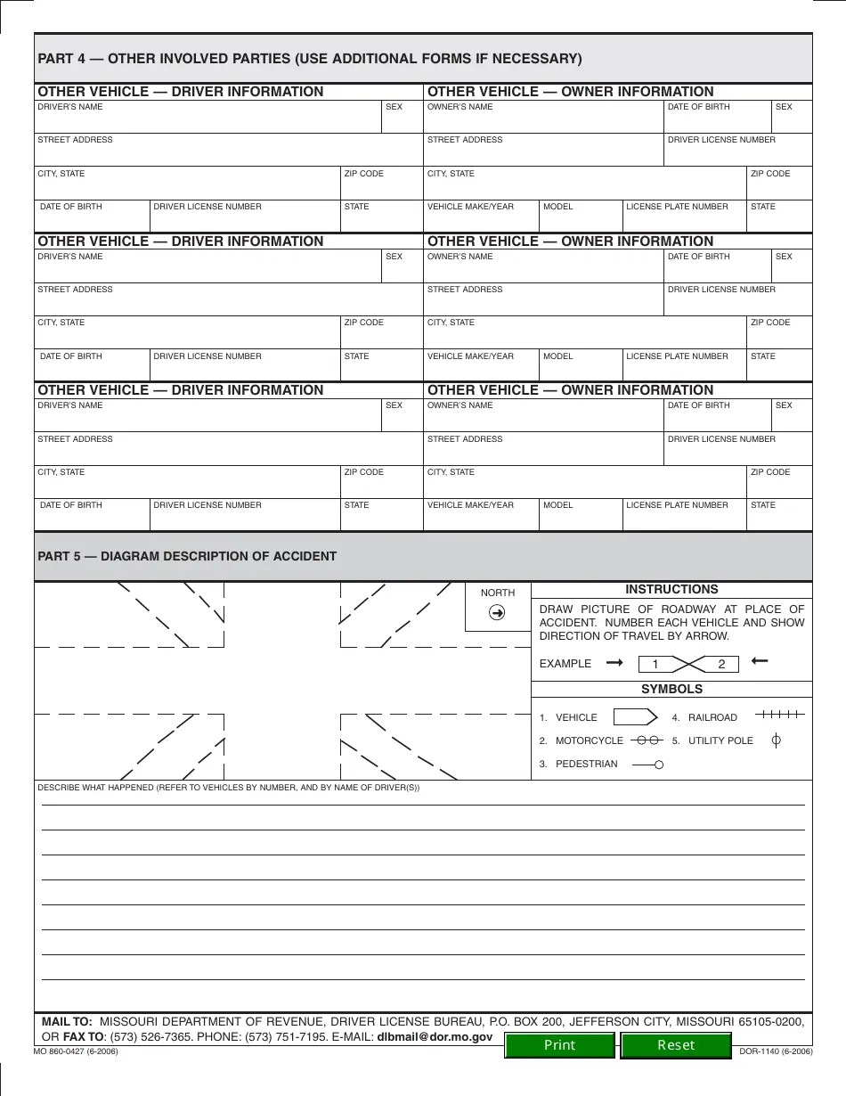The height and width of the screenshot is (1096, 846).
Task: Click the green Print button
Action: (559, 1045)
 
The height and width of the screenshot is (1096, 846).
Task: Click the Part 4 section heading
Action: (310, 59)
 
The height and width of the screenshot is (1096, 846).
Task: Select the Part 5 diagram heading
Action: (187, 556)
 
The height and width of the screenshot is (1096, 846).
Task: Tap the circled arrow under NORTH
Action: (498, 612)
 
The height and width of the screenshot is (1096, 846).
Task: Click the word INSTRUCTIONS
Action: (671, 589)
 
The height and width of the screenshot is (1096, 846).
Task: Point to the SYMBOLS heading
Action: (671, 689)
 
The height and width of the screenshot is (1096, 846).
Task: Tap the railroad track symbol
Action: (780, 715)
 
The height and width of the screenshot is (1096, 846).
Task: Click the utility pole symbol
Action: (776, 740)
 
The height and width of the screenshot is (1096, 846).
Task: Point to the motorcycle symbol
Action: (647, 740)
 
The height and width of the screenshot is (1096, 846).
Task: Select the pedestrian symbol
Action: (648, 765)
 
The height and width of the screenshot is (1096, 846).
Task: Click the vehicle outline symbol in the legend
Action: (636, 717)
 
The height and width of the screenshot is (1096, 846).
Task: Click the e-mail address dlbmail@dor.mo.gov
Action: (435, 1037)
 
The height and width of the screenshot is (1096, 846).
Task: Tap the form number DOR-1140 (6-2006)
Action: (776, 1051)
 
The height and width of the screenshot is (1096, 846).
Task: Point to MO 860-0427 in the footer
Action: (77, 1051)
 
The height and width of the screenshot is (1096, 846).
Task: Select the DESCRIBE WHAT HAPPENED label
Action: (228, 788)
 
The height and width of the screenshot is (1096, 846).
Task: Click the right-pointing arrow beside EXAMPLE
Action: (614, 663)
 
